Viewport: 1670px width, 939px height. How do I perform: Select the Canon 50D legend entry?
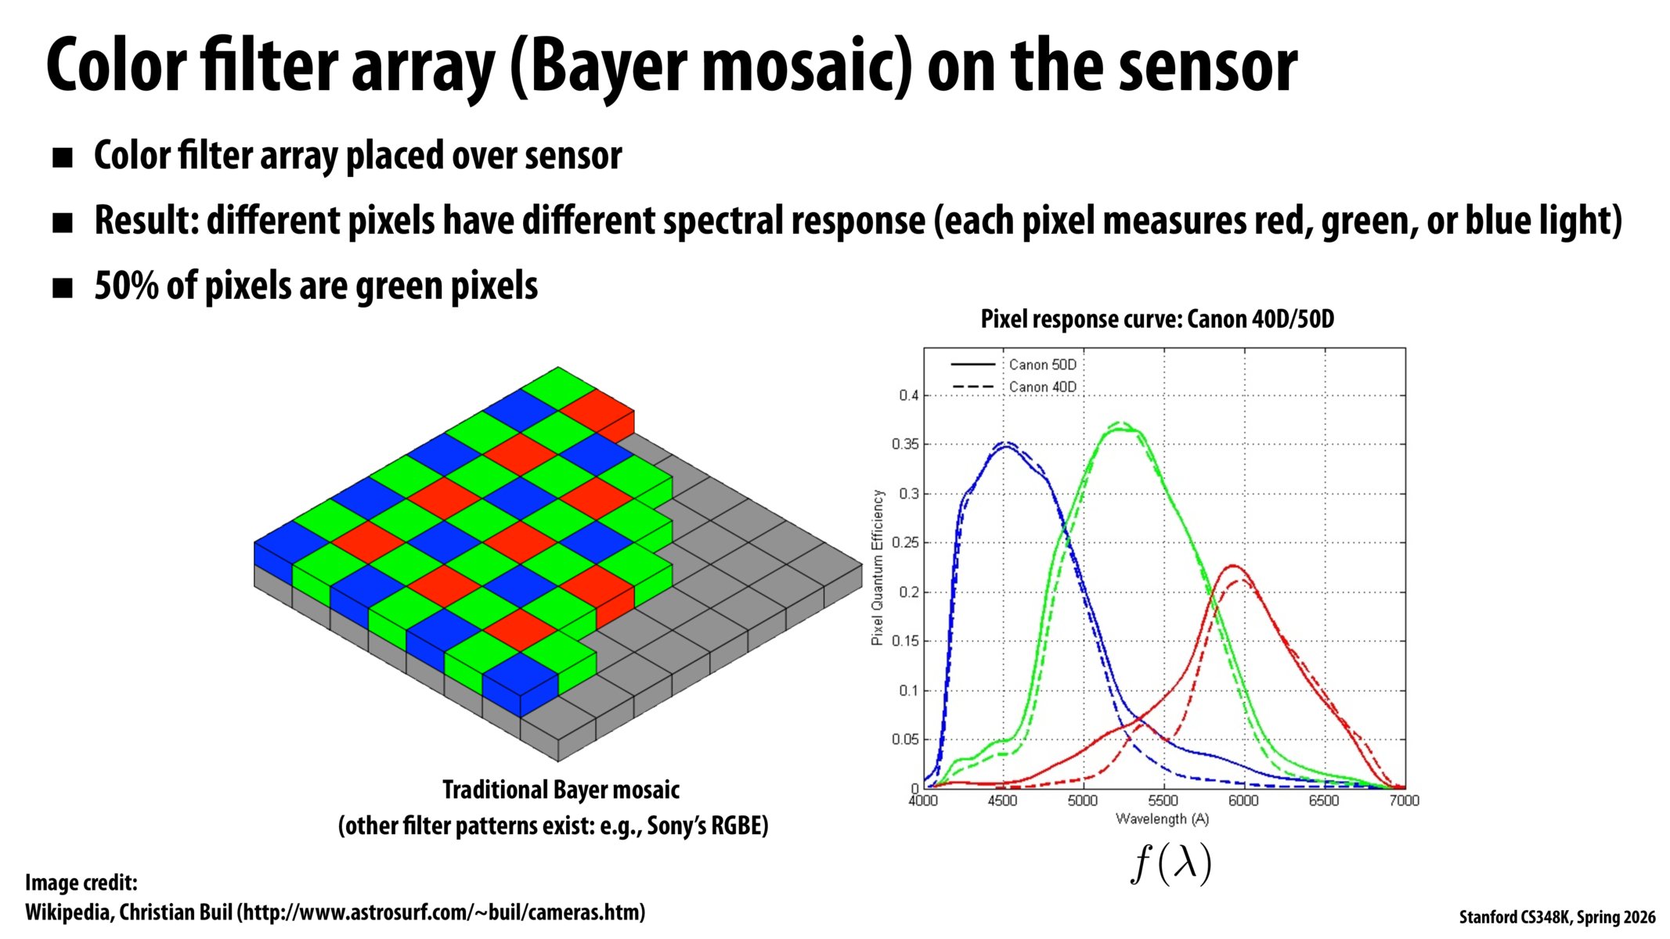(x=1042, y=365)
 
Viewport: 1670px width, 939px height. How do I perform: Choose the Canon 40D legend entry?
(x=1042, y=387)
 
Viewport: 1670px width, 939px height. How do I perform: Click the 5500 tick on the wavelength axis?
(x=1163, y=800)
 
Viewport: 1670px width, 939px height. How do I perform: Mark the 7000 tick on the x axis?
(x=1404, y=800)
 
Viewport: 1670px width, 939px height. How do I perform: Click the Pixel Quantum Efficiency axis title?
(x=878, y=567)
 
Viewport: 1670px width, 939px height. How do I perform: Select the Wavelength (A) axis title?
(x=1163, y=819)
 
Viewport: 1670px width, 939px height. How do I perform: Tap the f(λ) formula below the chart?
(x=1171, y=864)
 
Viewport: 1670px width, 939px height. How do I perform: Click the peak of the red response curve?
(x=1234, y=566)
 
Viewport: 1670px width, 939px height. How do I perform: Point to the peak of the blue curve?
(x=1007, y=444)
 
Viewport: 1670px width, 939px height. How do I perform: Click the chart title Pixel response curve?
(x=1157, y=319)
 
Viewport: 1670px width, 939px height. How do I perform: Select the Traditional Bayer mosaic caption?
(x=561, y=790)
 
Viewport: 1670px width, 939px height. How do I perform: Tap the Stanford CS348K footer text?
(x=1556, y=917)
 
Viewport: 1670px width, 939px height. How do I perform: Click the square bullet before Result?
(x=62, y=223)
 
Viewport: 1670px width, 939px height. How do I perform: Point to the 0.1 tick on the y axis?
(x=908, y=690)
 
